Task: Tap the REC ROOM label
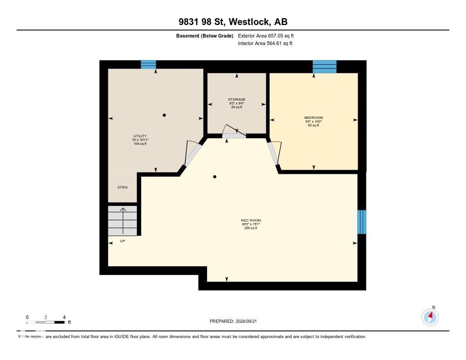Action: [x=251, y=220]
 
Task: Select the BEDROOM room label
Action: [x=314, y=118]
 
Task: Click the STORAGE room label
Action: [x=237, y=100]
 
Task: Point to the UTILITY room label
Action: [x=139, y=136]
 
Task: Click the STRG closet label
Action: [x=122, y=188]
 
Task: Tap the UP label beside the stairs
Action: [x=122, y=241]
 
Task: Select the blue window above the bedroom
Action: [x=324, y=66]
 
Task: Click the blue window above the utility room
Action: [x=148, y=65]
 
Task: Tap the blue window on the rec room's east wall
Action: [x=361, y=222]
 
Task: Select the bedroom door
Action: [x=274, y=153]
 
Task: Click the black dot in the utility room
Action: [x=164, y=115]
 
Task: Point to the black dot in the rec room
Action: [x=215, y=177]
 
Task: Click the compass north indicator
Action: [x=430, y=316]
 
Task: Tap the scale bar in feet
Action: [x=46, y=322]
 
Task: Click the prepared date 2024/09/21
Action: [x=236, y=321]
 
